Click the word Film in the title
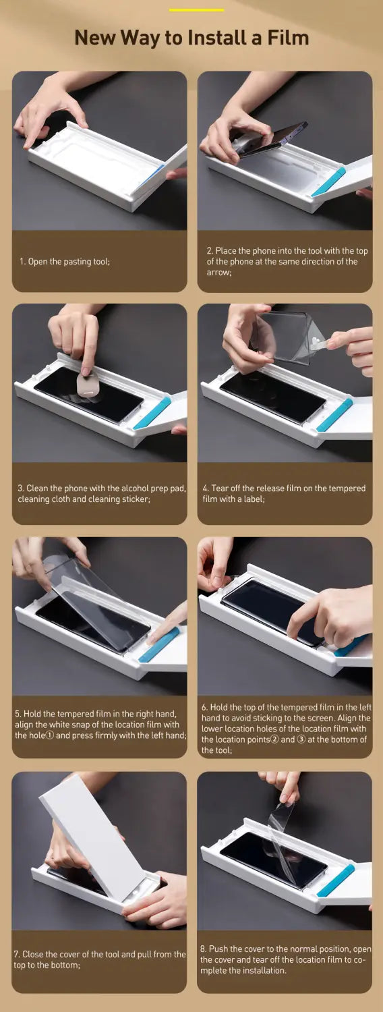[288, 38]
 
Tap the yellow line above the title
[196, 10]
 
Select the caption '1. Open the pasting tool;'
[65, 262]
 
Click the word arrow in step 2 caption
[218, 273]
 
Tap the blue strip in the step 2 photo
[329, 183]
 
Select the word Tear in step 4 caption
[219, 488]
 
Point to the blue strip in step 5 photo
[158, 645]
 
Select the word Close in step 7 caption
[32, 954]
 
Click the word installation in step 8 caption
[263, 970]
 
